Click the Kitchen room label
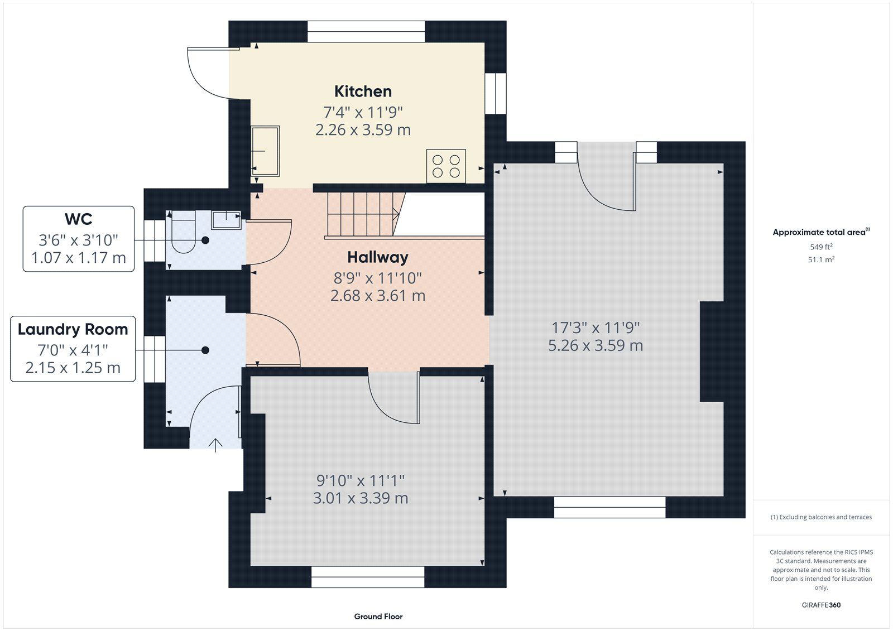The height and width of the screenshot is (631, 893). point(363,91)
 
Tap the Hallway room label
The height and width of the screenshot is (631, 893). point(377,257)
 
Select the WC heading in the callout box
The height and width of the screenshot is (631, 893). point(79,219)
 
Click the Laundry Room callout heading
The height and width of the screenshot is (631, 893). point(73,329)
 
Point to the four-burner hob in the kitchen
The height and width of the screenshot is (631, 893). point(446,166)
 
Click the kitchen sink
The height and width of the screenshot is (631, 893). point(265,151)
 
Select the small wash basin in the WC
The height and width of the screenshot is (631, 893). point(226,220)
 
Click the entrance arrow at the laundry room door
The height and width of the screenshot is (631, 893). point(215,445)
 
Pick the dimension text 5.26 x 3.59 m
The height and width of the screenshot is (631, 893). point(596,345)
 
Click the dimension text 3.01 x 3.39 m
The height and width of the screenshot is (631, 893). point(361,498)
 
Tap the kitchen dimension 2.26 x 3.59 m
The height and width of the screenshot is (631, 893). point(363,130)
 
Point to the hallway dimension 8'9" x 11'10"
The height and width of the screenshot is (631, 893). point(377,278)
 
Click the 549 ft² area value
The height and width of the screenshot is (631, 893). point(821,247)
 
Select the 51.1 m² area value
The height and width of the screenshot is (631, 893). point(821,259)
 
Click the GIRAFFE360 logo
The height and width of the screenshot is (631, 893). point(821,605)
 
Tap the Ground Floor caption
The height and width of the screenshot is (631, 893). point(378,616)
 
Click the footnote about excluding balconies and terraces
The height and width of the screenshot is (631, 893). point(821,517)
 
